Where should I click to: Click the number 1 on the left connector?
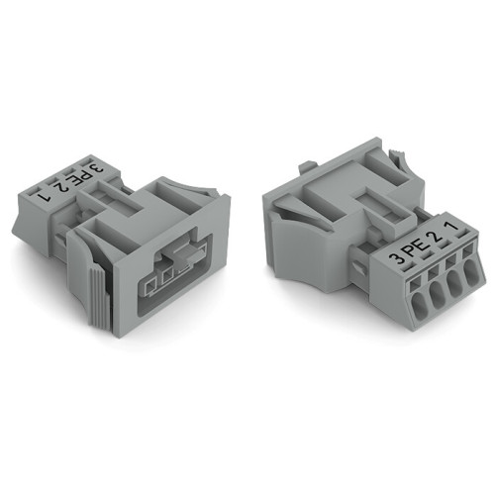tap(43, 194)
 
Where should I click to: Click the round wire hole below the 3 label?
tap(404, 304)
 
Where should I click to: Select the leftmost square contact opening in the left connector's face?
tap(148, 288)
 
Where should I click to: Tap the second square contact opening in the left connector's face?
tap(166, 280)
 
